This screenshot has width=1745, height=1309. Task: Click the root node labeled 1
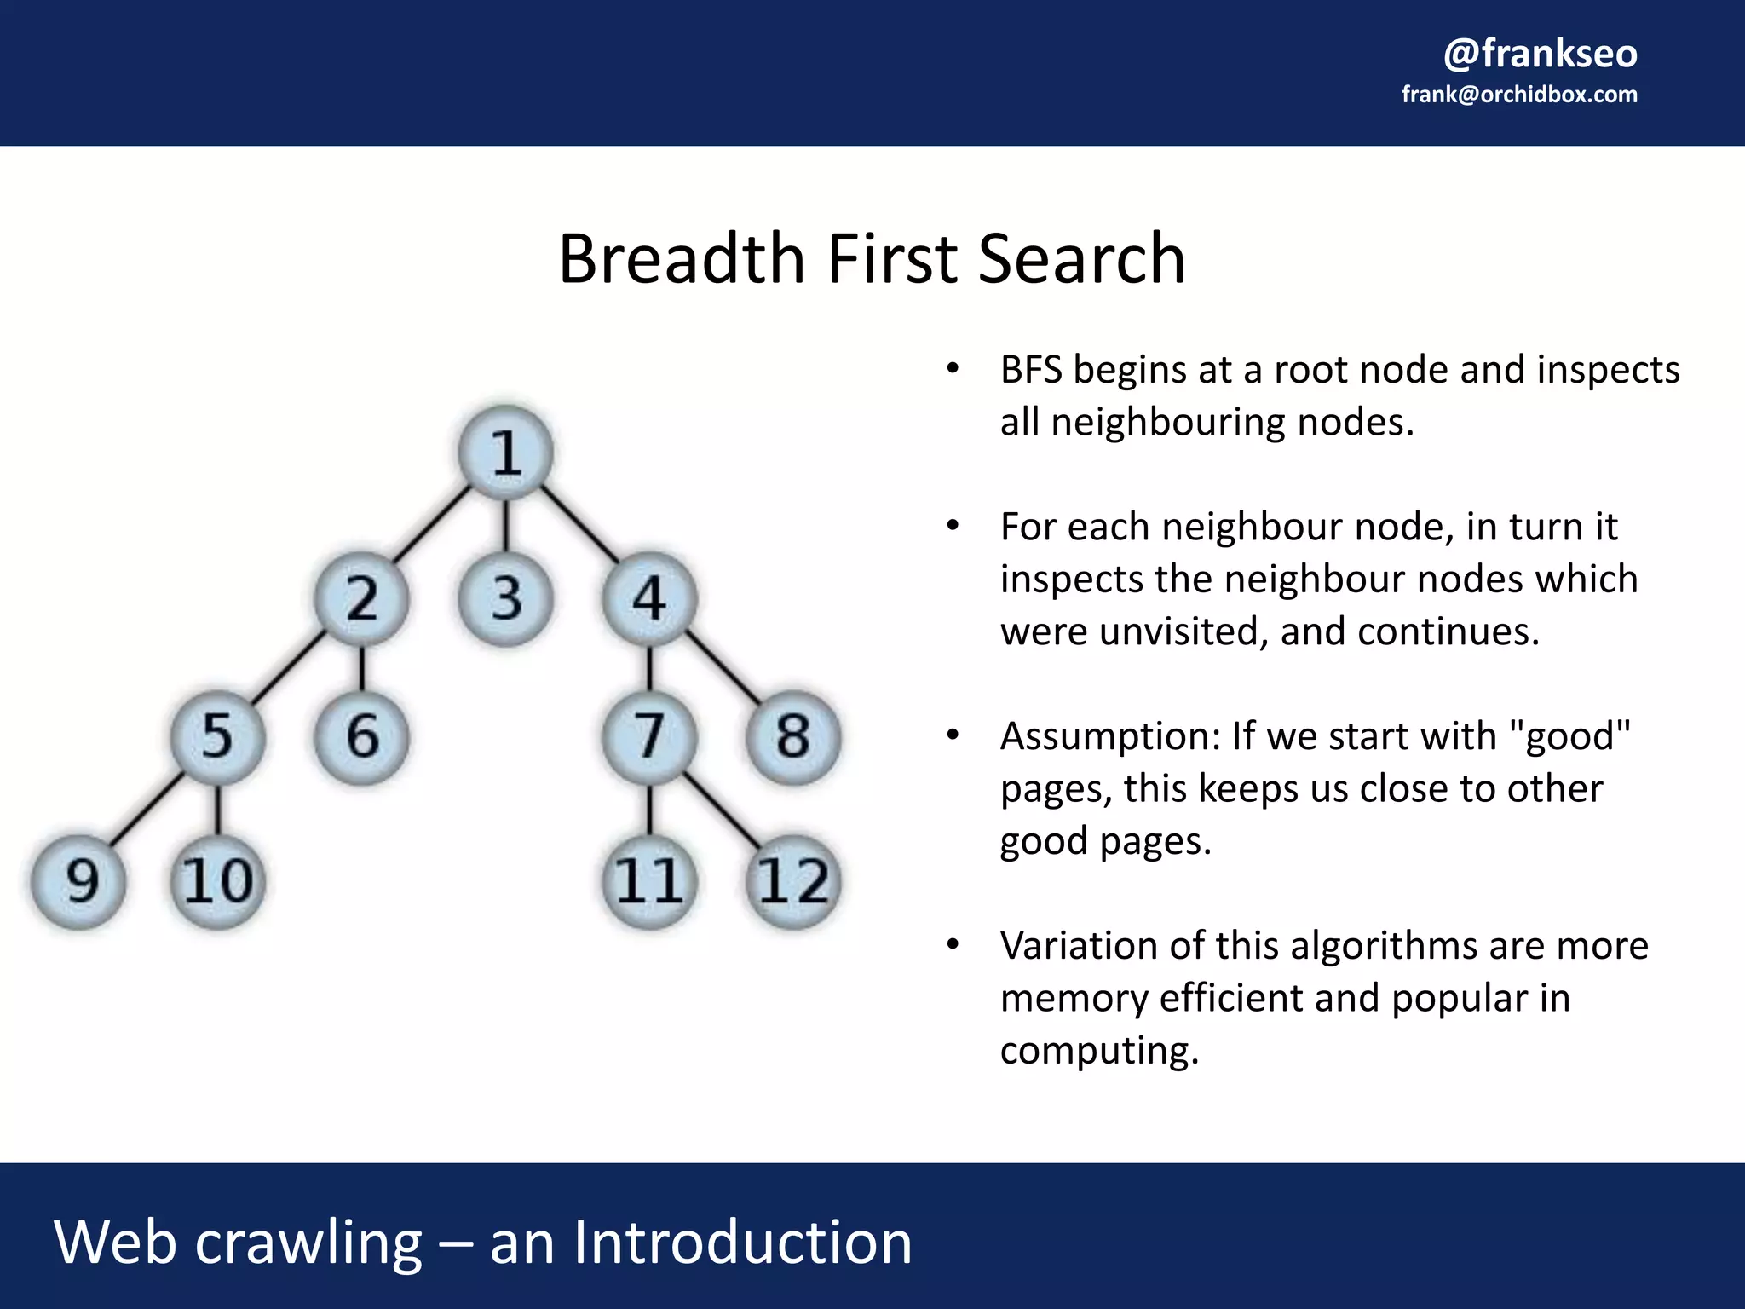505,452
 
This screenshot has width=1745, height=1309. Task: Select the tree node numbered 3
505,598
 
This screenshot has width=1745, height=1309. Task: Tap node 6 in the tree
362,736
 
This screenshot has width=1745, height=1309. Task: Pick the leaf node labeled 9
79,880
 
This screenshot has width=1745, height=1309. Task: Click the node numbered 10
218,880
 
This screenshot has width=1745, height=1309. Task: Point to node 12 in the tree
793,880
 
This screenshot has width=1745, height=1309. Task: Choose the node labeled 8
793,736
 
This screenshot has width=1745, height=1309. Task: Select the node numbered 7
649,736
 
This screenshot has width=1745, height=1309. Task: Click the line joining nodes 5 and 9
147,810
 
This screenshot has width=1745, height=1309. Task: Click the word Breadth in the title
681,259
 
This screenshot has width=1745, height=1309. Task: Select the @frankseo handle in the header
1540,53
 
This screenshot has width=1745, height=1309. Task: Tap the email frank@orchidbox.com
1519,95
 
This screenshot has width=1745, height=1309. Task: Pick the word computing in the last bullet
1098,1051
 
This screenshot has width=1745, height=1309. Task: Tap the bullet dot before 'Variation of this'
953,944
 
